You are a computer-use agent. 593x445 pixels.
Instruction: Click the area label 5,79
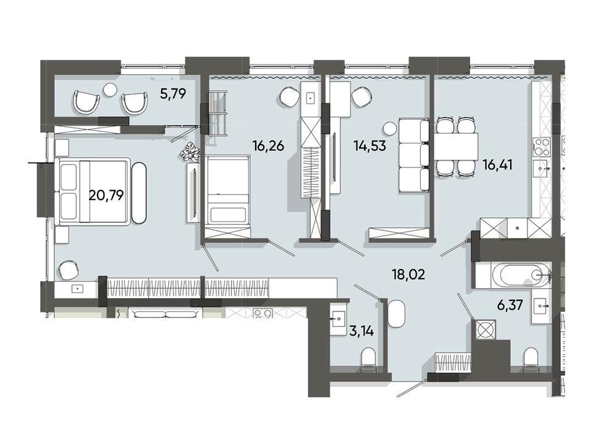[x=173, y=93]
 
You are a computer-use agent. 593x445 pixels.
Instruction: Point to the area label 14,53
[x=370, y=145]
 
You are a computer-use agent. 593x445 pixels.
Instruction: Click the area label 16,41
[x=498, y=165]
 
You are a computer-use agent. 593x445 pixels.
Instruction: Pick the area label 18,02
[x=408, y=274]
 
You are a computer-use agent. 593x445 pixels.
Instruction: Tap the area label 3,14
[x=361, y=331]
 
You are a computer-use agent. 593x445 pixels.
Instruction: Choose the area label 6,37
[x=510, y=305]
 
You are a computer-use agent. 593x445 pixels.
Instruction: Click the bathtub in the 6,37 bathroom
[x=513, y=276]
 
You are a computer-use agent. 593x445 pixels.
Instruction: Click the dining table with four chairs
[x=456, y=146]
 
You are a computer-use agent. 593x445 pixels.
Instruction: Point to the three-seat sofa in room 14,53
[x=414, y=156]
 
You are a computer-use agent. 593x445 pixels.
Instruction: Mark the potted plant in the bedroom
[x=189, y=153]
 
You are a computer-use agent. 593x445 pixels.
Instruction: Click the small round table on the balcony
[x=111, y=89]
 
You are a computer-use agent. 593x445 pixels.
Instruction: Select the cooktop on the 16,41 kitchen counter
[x=541, y=147]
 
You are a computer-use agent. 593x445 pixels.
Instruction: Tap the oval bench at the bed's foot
[x=138, y=192]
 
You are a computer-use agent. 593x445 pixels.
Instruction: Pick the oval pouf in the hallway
[x=397, y=314]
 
